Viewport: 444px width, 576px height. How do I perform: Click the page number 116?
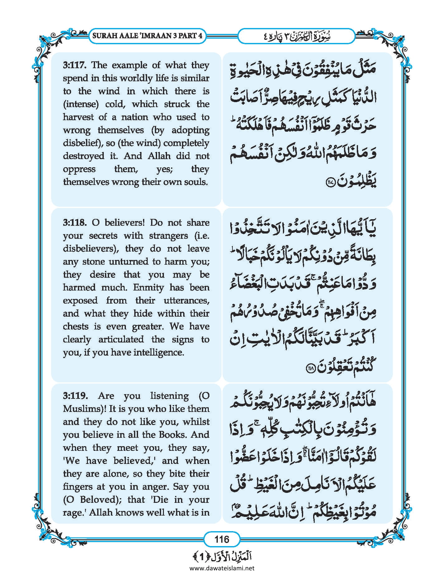[222, 539]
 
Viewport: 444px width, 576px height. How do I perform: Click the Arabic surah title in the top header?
[296, 36]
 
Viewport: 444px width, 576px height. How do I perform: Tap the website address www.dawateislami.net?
[222, 568]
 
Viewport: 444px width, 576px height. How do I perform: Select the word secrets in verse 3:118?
[103, 236]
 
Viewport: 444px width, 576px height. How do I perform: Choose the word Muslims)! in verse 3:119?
[83, 409]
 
